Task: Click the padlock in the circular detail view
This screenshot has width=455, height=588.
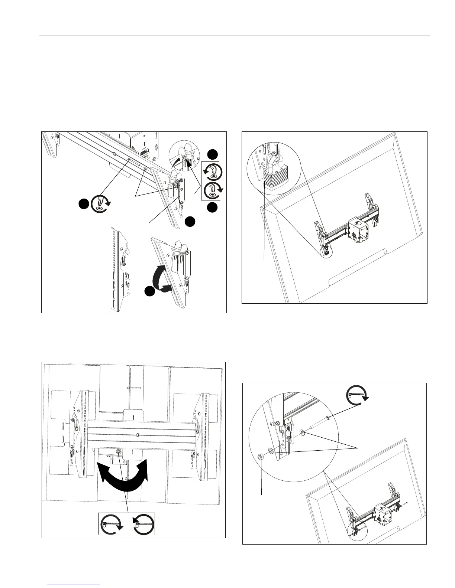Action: tap(274, 180)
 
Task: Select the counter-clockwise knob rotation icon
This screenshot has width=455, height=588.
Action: tap(213, 171)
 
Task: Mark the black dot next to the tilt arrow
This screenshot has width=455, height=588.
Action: tap(150, 291)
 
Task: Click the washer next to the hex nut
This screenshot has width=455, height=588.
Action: tap(271, 451)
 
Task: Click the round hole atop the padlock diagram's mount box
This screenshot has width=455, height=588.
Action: tap(358, 223)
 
